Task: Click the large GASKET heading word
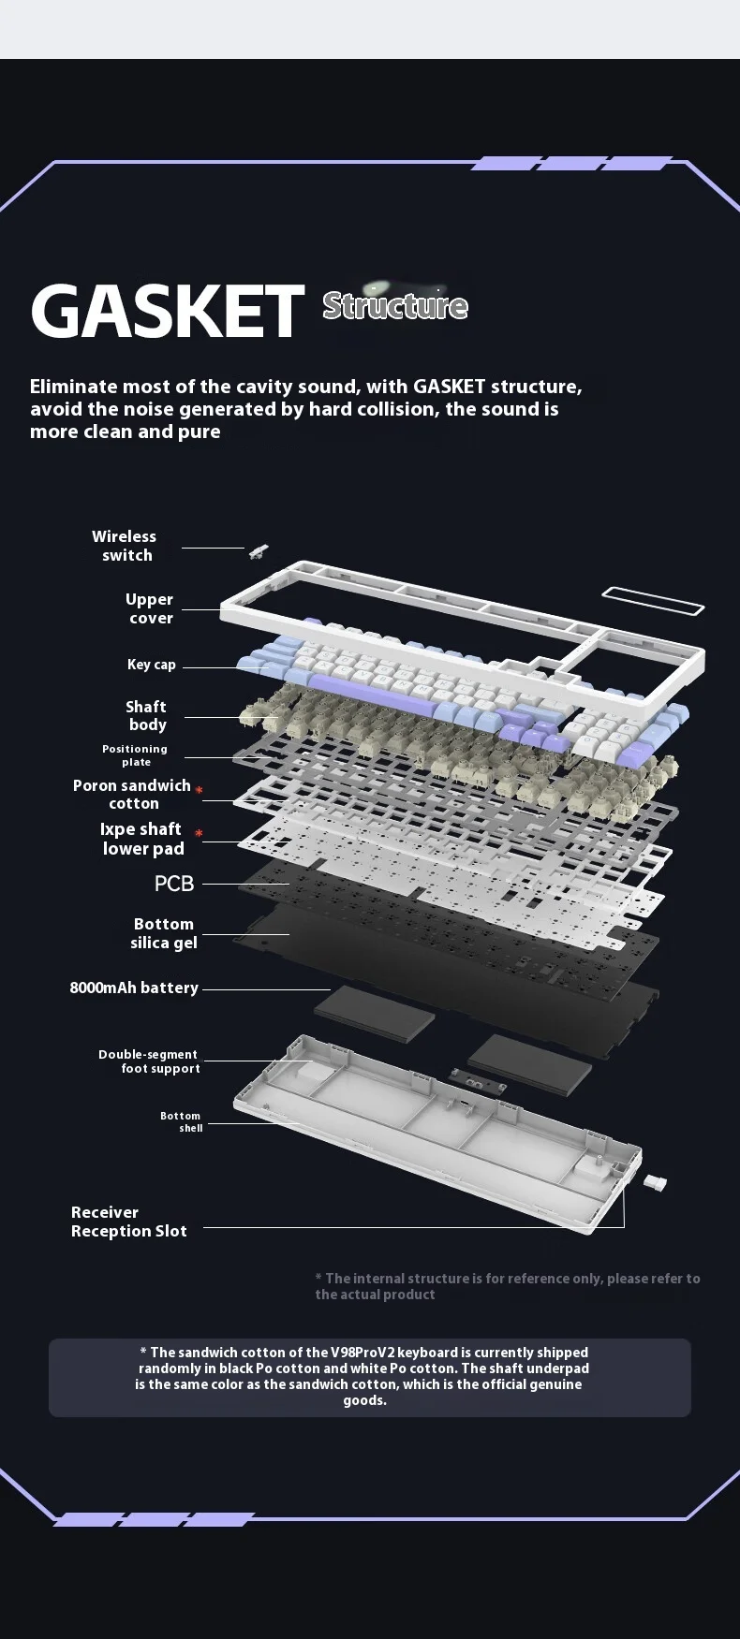pyautogui.click(x=168, y=311)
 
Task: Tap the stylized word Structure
pyautogui.click(x=394, y=305)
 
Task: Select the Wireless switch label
pyautogui.click(x=125, y=546)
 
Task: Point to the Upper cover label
pyautogui.click(x=150, y=608)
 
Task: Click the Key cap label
pyautogui.click(x=152, y=665)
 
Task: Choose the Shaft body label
pyautogui.click(x=146, y=716)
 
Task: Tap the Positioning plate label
pyautogui.click(x=135, y=755)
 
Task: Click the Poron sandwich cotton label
pyautogui.click(x=132, y=795)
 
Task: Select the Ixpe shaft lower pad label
pyautogui.click(x=141, y=839)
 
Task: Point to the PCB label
pyautogui.click(x=174, y=884)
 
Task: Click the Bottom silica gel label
pyautogui.click(x=164, y=933)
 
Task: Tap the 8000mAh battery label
pyautogui.click(x=134, y=988)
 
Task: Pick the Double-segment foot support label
pyautogui.click(x=150, y=1061)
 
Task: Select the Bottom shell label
pyautogui.click(x=182, y=1122)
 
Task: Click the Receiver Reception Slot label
pyautogui.click(x=129, y=1222)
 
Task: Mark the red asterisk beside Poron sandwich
pyautogui.click(x=200, y=791)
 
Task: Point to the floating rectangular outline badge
pyautogui.click(x=653, y=601)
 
